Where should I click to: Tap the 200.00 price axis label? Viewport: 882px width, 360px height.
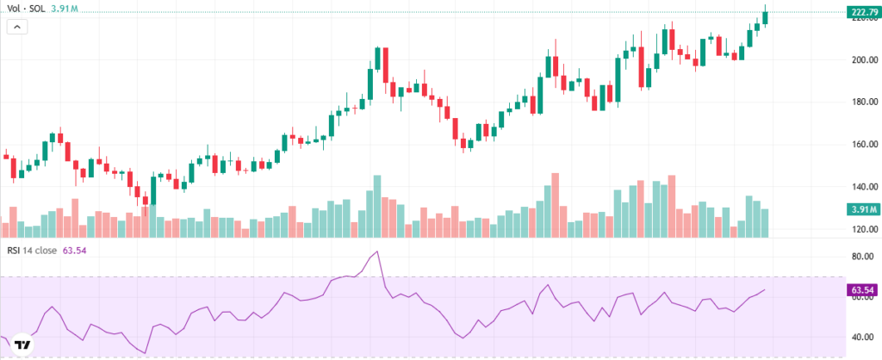click(863, 60)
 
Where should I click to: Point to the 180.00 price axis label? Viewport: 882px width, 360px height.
click(863, 102)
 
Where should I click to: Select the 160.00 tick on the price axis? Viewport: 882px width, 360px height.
click(863, 145)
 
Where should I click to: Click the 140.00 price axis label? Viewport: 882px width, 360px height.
click(863, 187)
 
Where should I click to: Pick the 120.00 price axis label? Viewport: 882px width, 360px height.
click(863, 229)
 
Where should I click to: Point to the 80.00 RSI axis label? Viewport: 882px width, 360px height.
click(863, 257)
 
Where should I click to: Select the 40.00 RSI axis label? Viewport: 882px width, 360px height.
click(863, 338)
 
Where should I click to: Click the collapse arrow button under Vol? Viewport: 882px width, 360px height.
click(17, 27)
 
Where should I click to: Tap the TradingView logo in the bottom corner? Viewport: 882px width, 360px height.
click(23, 345)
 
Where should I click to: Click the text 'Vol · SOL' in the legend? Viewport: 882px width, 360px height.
click(26, 8)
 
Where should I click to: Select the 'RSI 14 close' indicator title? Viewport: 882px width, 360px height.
click(33, 251)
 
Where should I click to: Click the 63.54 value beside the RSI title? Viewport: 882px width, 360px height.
click(75, 251)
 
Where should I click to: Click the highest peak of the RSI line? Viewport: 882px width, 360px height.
click(376, 252)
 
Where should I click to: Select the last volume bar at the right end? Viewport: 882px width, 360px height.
click(765, 223)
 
